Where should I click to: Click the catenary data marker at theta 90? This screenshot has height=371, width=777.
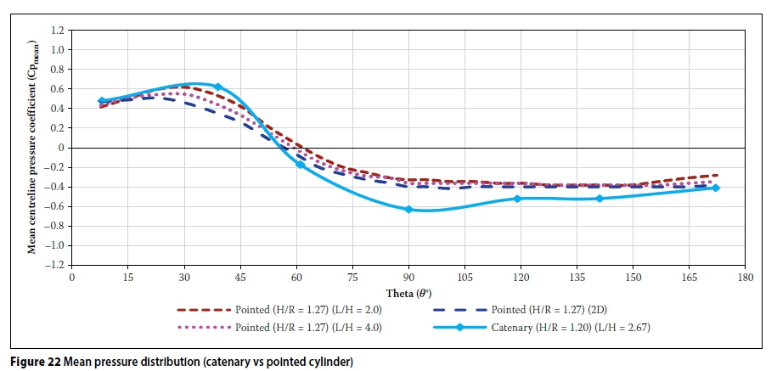(x=408, y=209)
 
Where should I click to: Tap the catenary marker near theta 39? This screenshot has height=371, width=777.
(x=217, y=87)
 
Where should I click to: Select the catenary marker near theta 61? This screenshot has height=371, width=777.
(x=300, y=164)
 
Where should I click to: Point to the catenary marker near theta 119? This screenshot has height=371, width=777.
(x=517, y=199)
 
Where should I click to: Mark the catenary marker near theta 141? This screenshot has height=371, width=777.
(x=600, y=199)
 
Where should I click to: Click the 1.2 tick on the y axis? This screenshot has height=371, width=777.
(x=57, y=30)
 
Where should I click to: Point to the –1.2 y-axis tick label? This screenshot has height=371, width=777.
(x=54, y=265)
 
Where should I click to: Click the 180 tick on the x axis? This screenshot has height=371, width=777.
(x=746, y=278)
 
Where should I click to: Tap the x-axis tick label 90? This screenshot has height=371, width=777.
(x=408, y=278)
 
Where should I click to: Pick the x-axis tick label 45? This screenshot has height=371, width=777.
(x=240, y=278)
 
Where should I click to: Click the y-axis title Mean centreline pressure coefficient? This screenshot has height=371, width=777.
(x=31, y=148)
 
